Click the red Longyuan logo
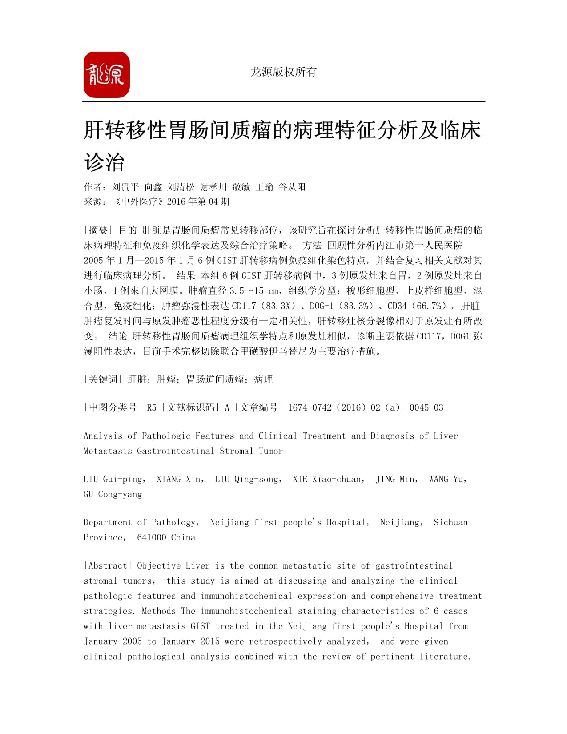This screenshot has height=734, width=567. click(x=107, y=75)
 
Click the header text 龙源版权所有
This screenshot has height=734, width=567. click(x=283, y=72)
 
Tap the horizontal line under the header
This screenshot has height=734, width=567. click(x=283, y=102)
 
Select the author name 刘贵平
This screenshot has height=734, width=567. click(x=125, y=187)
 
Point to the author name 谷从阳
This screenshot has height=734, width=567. click(x=292, y=187)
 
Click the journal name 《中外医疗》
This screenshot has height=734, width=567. click(x=138, y=202)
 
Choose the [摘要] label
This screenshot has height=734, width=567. click(x=98, y=230)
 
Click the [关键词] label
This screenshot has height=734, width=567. click(x=103, y=379)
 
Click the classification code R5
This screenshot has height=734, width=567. click(x=152, y=407)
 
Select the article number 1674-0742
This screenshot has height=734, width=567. click(x=310, y=407)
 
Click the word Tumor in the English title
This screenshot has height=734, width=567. click(x=270, y=451)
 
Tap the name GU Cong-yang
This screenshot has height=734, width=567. click(x=113, y=494)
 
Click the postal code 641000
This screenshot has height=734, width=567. click(x=151, y=537)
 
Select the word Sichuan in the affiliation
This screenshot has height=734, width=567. click(x=450, y=522)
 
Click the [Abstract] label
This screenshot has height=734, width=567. click(x=108, y=566)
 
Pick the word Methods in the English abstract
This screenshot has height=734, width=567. click(x=158, y=611)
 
